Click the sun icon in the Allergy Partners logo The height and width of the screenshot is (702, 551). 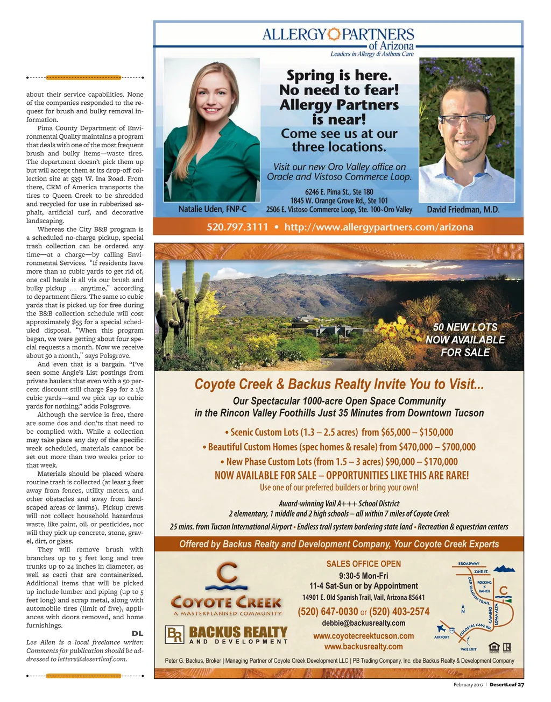point(334,34)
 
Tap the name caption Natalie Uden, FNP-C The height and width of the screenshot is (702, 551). point(213,209)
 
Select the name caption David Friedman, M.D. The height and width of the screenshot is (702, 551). point(463,210)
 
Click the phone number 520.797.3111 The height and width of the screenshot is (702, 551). point(237,227)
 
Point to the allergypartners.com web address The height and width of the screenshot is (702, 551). point(379,227)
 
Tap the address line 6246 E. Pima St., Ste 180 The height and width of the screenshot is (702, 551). point(339,192)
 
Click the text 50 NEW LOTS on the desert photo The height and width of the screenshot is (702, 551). point(465,327)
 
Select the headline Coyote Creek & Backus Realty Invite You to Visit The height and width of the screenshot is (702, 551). point(339,384)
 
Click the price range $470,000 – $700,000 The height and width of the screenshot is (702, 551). point(437,447)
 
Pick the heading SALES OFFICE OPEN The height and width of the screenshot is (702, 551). point(363,564)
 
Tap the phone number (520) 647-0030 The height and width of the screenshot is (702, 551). point(328,612)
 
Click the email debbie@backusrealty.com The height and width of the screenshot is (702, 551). point(363,623)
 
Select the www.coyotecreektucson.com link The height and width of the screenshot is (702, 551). point(363,636)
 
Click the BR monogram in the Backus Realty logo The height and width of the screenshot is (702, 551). point(175,635)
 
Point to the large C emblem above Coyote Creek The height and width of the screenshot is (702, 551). point(227,575)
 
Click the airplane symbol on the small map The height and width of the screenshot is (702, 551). point(442,628)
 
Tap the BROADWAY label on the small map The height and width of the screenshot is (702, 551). point(469,564)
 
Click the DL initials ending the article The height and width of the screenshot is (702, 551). point(137,634)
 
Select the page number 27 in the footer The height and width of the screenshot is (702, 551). point(521,685)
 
